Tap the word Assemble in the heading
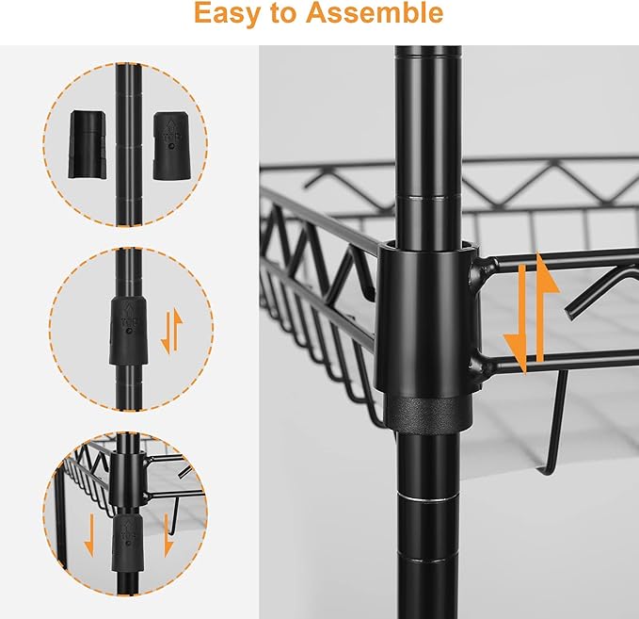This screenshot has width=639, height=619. pos(375,12)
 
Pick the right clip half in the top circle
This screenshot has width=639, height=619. pos(172,146)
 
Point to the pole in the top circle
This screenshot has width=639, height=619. pos(128,144)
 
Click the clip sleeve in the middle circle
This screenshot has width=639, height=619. pos(128,331)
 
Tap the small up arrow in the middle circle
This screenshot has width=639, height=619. pos(177,330)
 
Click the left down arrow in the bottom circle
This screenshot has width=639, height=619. pos(89,535)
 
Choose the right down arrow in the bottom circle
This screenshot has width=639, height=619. pos(168,535)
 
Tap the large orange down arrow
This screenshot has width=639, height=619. pos(519,318)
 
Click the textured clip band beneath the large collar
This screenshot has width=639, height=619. pos(429,414)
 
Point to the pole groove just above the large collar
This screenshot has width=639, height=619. pos(429,198)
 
